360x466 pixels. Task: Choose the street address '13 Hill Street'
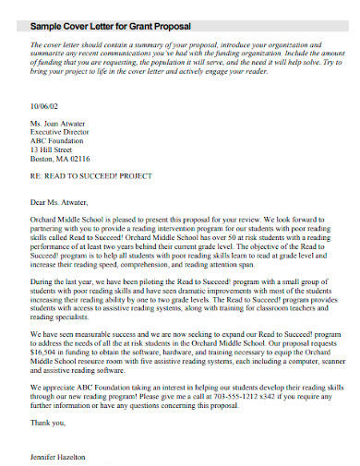[54, 157]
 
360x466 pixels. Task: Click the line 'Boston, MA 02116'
[61, 167]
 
